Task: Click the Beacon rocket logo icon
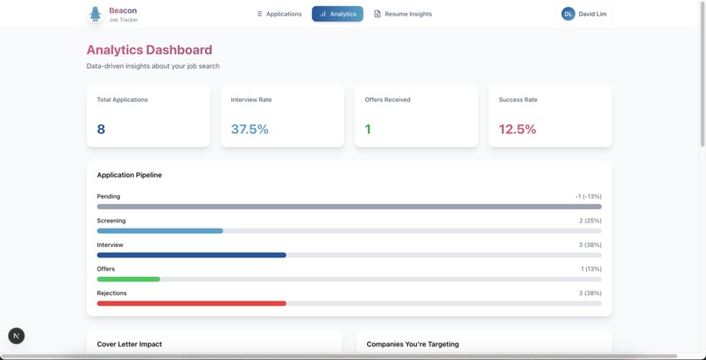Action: pyautogui.click(x=95, y=14)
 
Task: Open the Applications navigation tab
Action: pyautogui.click(x=279, y=14)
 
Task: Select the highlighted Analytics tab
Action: pyautogui.click(x=337, y=14)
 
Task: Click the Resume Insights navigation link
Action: pyautogui.click(x=403, y=14)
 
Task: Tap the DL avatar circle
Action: pyautogui.click(x=568, y=14)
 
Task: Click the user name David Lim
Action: pyautogui.click(x=596, y=14)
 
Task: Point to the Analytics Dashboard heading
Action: pyautogui.click(x=149, y=50)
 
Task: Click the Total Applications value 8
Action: pyautogui.click(x=101, y=130)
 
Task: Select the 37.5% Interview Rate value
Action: pyautogui.click(x=250, y=130)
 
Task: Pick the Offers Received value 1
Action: pyautogui.click(x=368, y=130)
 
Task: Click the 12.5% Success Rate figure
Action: pyautogui.click(x=517, y=130)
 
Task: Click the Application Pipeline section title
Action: pyautogui.click(x=129, y=175)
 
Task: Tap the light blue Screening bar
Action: pyautogui.click(x=159, y=231)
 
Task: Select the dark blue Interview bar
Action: pyautogui.click(x=191, y=255)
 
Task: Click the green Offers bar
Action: pyautogui.click(x=128, y=279)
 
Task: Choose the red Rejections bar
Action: pyautogui.click(x=191, y=303)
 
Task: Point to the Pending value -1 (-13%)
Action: pyautogui.click(x=588, y=196)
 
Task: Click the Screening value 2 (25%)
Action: pyautogui.click(x=590, y=221)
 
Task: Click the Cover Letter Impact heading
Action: pyautogui.click(x=129, y=344)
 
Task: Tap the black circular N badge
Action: pyautogui.click(x=17, y=336)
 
